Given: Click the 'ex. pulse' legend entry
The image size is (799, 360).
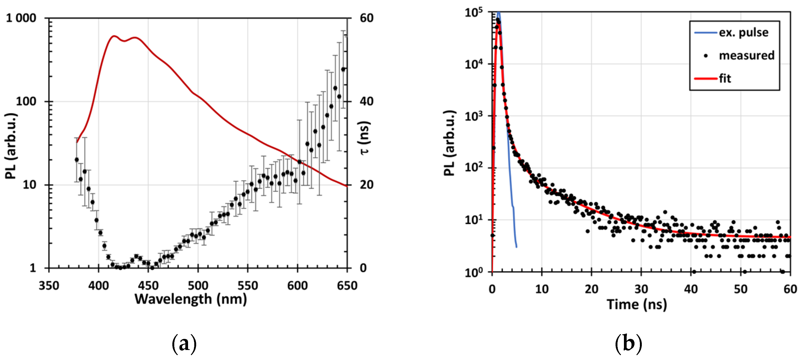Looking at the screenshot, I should click(743, 32).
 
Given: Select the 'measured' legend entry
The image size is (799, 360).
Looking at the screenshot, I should click(746, 55).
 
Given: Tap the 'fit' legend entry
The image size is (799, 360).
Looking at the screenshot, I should click(725, 78).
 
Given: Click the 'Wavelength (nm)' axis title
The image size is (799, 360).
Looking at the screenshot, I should click(190, 299).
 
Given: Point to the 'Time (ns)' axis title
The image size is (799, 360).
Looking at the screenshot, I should click(636, 304).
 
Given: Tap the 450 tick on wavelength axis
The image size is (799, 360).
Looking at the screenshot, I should click(148, 286).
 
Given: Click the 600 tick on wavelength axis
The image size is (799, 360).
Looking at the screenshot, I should click(297, 286).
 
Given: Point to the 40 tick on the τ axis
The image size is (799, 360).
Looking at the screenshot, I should click(366, 101).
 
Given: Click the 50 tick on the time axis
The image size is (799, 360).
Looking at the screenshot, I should click(740, 289).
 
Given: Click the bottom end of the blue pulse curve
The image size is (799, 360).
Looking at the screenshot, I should click(517, 247).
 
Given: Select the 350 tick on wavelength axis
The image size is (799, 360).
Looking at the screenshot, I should click(49, 286).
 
